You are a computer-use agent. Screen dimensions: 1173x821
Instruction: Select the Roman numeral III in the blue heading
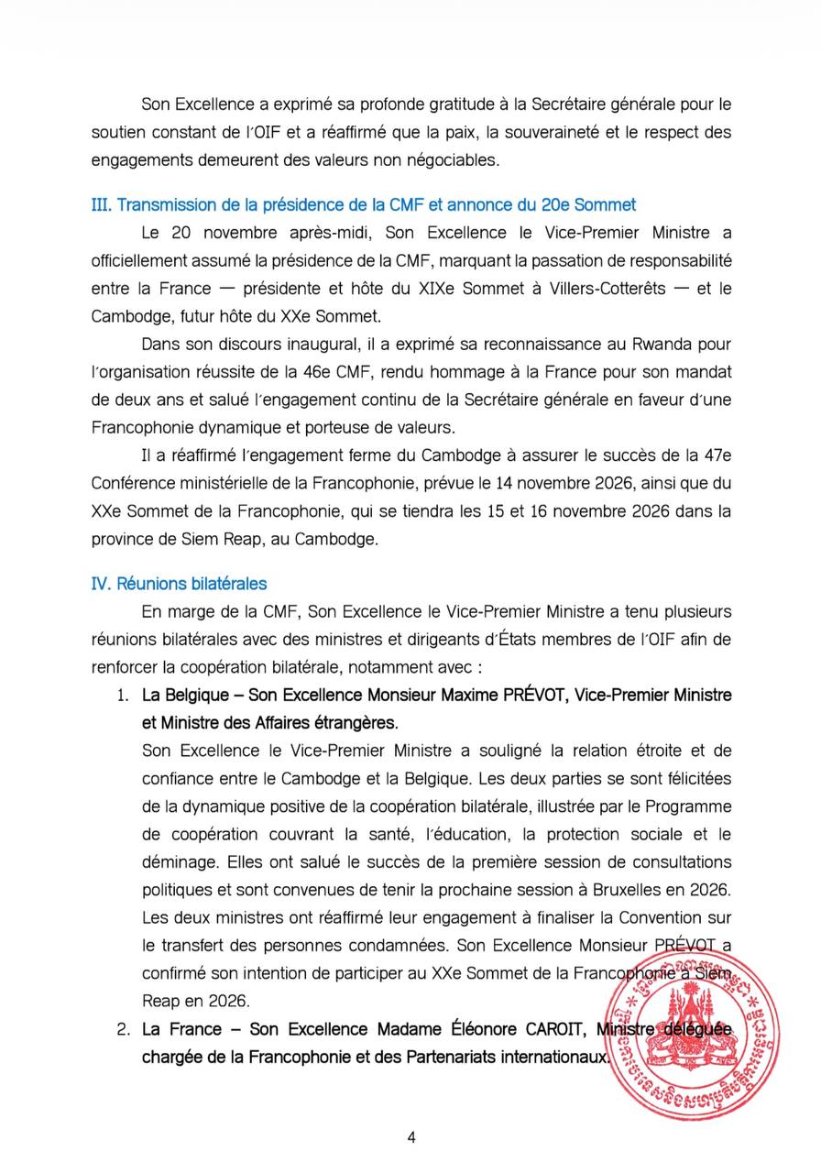pyautogui.click(x=101, y=203)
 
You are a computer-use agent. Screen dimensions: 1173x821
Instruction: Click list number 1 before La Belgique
pyautogui.click(x=123, y=695)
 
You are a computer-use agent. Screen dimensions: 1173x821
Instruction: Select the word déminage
pyautogui.click(x=179, y=862)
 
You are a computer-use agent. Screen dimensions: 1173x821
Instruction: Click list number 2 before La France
pyautogui.click(x=123, y=1029)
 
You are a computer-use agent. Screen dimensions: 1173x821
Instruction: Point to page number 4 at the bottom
pyautogui.click(x=411, y=1137)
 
